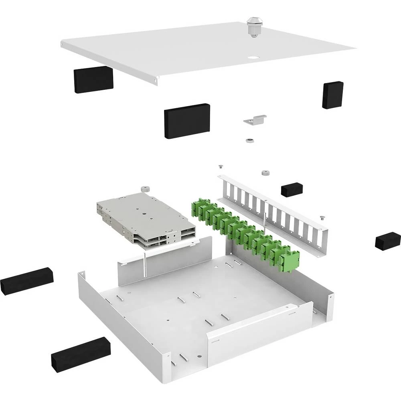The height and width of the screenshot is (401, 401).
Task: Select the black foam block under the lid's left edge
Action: point(93,79)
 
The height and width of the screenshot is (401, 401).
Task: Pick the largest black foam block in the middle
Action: point(187,121)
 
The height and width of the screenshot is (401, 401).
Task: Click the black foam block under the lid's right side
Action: point(332,95)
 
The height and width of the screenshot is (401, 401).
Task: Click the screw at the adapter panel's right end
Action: point(322,217)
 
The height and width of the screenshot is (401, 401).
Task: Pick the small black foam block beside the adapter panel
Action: point(292,190)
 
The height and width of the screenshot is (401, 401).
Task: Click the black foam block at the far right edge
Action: point(387,241)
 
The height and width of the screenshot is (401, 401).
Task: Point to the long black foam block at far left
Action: point(26,281)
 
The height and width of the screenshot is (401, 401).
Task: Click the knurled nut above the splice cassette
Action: point(144,189)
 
